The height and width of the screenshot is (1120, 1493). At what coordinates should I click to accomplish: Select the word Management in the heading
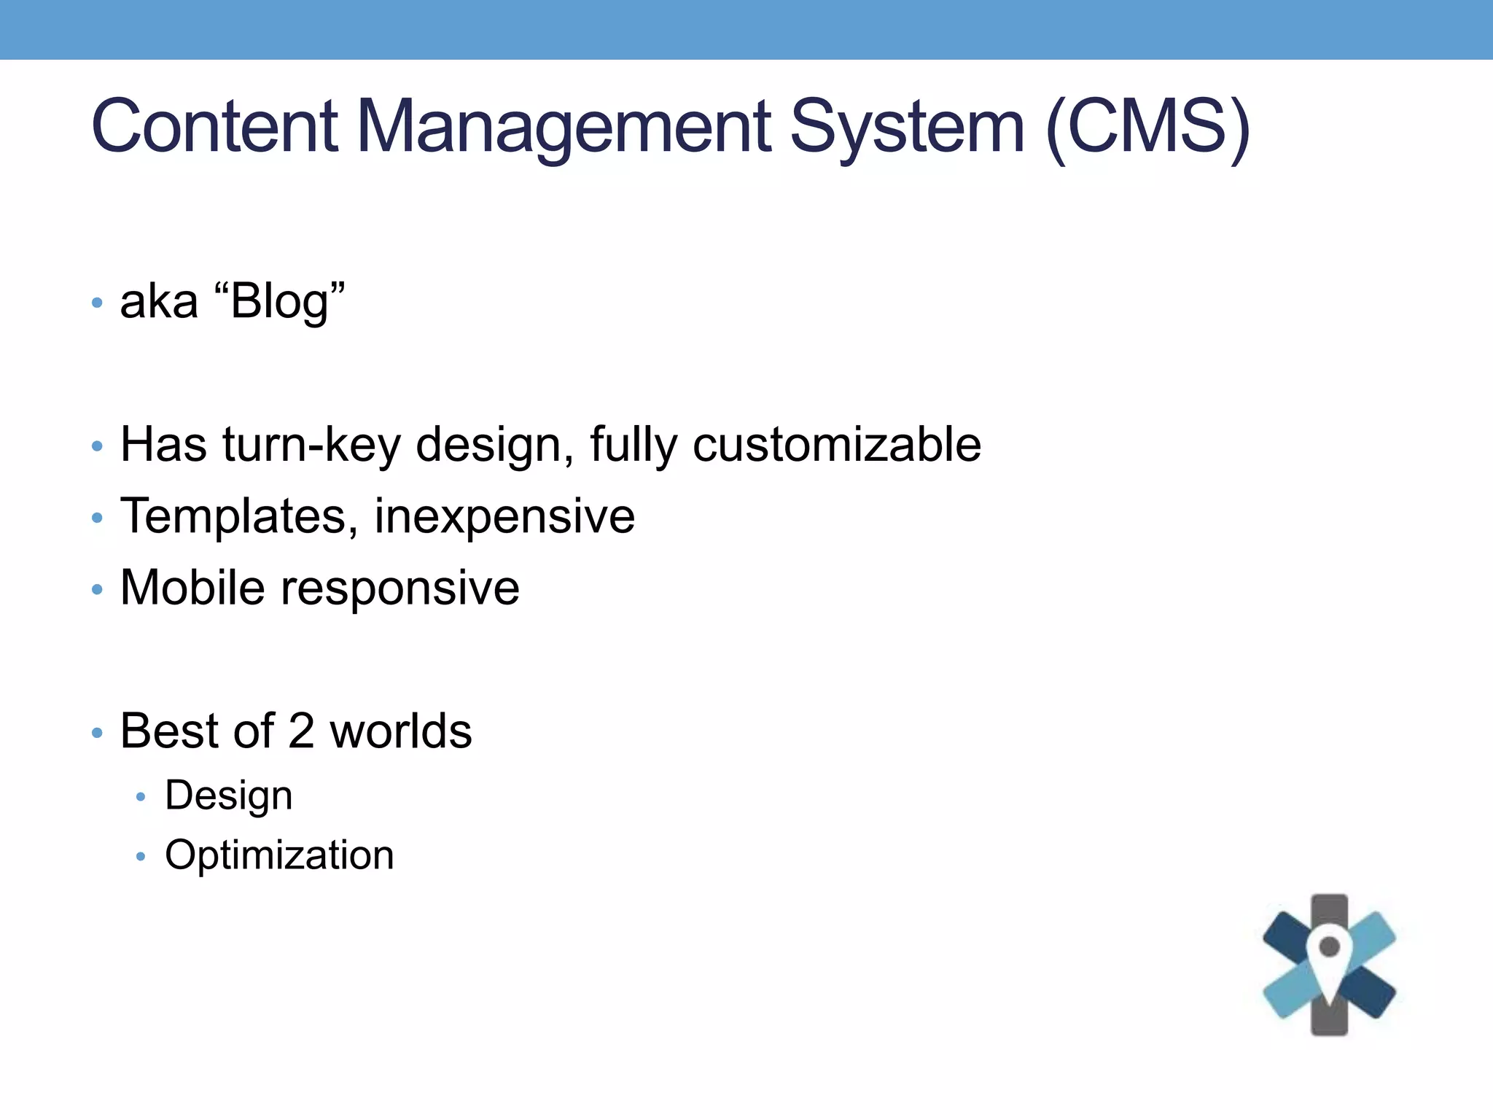coord(564,128)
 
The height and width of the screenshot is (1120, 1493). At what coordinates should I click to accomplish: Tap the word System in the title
coord(908,128)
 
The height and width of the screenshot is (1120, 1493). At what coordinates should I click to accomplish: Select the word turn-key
coord(311,444)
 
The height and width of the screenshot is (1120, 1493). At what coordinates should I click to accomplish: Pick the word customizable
coord(837,444)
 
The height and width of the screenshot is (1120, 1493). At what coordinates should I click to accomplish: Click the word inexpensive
coord(504,516)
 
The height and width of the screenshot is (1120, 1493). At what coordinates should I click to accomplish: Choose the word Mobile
coord(192,588)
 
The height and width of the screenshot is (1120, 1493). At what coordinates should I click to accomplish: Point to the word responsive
coord(400,588)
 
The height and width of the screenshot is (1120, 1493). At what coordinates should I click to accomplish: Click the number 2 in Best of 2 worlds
coord(301,731)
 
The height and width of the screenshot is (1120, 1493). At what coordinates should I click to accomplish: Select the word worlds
coord(401,731)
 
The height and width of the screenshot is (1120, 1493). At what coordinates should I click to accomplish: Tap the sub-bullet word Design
coord(229,796)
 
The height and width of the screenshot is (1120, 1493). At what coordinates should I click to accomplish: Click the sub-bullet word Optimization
coord(279,855)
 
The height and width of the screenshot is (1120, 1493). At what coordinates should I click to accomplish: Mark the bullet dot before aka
coord(98,303)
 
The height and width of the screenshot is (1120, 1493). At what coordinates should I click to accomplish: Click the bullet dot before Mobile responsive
coord(98,589)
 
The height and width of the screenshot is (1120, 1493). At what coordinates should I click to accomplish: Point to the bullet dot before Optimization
coord(141,857)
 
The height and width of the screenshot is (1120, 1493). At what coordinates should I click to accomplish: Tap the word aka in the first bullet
coord(159,301)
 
